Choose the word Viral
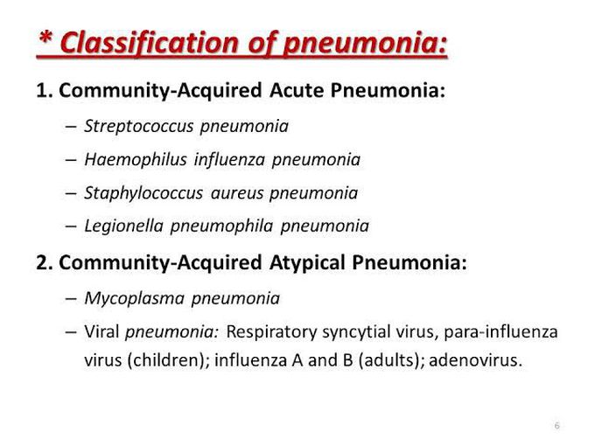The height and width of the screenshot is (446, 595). coord(101,332)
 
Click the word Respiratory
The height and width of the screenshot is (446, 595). coord(270,332)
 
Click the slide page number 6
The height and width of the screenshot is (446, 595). coord(556,426)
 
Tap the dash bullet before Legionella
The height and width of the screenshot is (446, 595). coord(71,226)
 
